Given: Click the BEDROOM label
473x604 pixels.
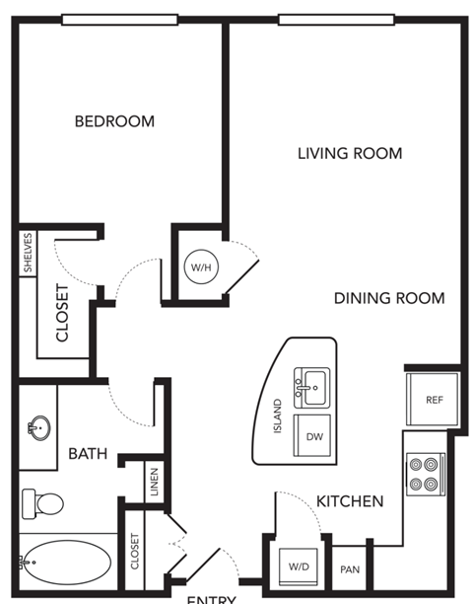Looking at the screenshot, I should point(115,121).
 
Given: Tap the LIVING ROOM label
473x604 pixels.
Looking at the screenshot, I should point(350,153).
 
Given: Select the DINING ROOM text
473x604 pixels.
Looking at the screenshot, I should point(388,298).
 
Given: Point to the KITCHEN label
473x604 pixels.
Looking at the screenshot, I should point(350,501).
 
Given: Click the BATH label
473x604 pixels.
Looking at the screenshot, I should point(88,454).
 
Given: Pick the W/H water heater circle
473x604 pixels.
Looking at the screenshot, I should point(200,265).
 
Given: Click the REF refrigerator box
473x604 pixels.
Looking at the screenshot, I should point(433,399).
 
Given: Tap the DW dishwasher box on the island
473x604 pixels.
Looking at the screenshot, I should point(314,436).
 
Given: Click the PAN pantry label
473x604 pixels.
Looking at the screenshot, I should point(349,569).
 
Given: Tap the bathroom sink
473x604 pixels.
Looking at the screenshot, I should point(37,427).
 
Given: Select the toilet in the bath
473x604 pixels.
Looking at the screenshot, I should point(40,502).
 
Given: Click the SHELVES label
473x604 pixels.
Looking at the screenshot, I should point(28,254).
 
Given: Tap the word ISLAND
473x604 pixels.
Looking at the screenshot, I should point(278,419).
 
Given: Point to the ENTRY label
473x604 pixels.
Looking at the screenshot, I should point(211,598).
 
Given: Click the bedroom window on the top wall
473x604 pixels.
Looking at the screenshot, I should point(119,19).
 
